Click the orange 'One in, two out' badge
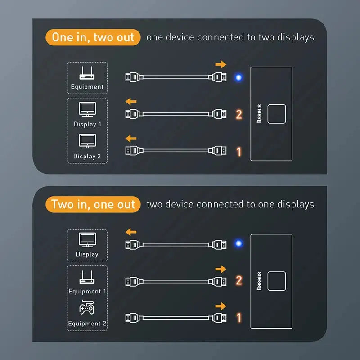coord(93,37)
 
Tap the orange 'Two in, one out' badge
coord(93,204)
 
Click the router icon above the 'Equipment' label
coord(87,74)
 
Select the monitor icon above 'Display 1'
coord(87,109)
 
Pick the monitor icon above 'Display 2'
coord(87,141)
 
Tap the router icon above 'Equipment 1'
coord(87,277)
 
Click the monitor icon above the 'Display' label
coord(87,239)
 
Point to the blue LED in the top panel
coord(238,77)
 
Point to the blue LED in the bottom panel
coord(238,244)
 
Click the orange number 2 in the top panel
coord(239,114)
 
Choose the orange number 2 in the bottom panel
coord(239,281)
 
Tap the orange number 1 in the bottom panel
coord(239,318)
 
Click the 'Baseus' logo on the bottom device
coord(259,281)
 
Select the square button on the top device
coord(276,114)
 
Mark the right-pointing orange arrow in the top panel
coord(220,64)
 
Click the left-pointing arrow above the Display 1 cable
coord(131,102)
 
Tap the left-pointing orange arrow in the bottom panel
coord(131,232)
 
